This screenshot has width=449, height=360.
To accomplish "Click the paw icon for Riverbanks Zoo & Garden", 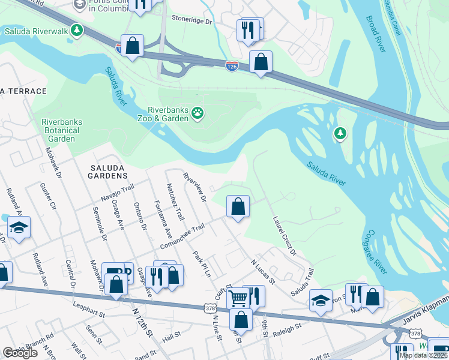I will coord(197,112).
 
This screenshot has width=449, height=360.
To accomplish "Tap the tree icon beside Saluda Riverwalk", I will coord(76,30).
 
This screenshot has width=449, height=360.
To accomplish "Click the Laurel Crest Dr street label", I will coord(285,236).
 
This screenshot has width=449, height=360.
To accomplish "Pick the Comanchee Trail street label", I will coord(182,237).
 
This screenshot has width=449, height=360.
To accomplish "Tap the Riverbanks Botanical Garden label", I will coord(62,130).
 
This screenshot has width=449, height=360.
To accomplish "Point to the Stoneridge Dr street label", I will coord(191,21).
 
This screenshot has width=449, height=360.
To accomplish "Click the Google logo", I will coord(20,353).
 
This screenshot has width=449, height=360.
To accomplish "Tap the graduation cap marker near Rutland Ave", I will coord(19,228).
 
